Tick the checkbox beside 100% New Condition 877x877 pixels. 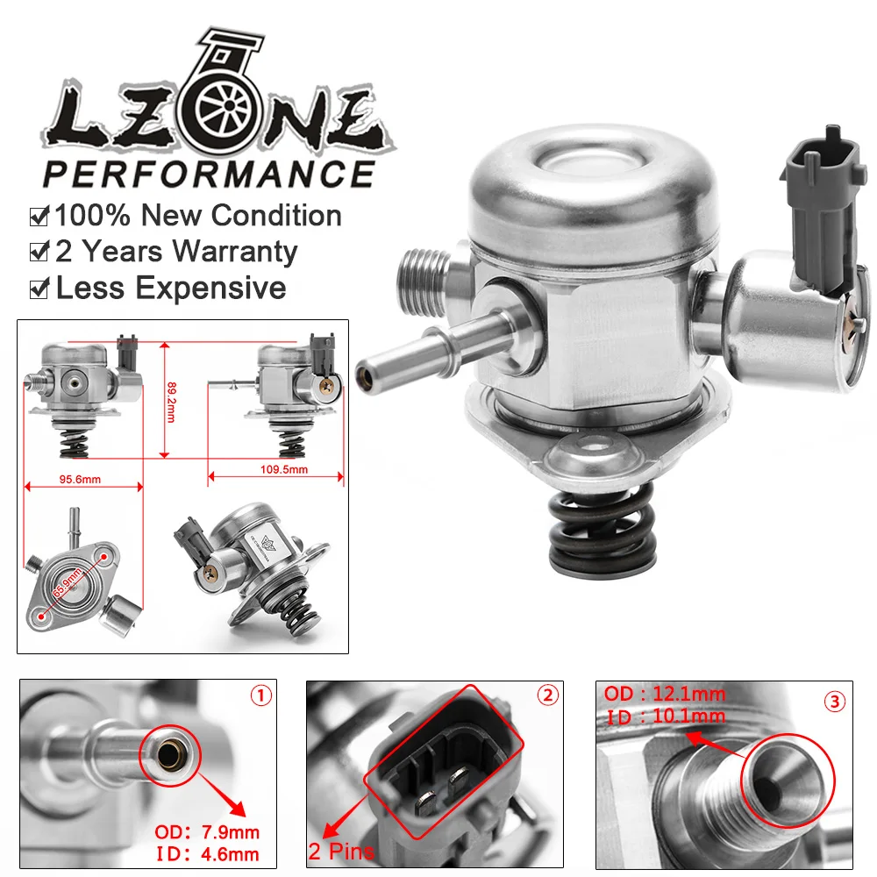tap(39, 216)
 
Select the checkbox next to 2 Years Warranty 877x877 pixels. tap(39, 253)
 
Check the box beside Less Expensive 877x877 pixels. tap(39, 289)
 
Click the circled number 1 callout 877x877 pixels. tap(261, 696)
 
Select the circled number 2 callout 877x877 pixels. tap(547, 696)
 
